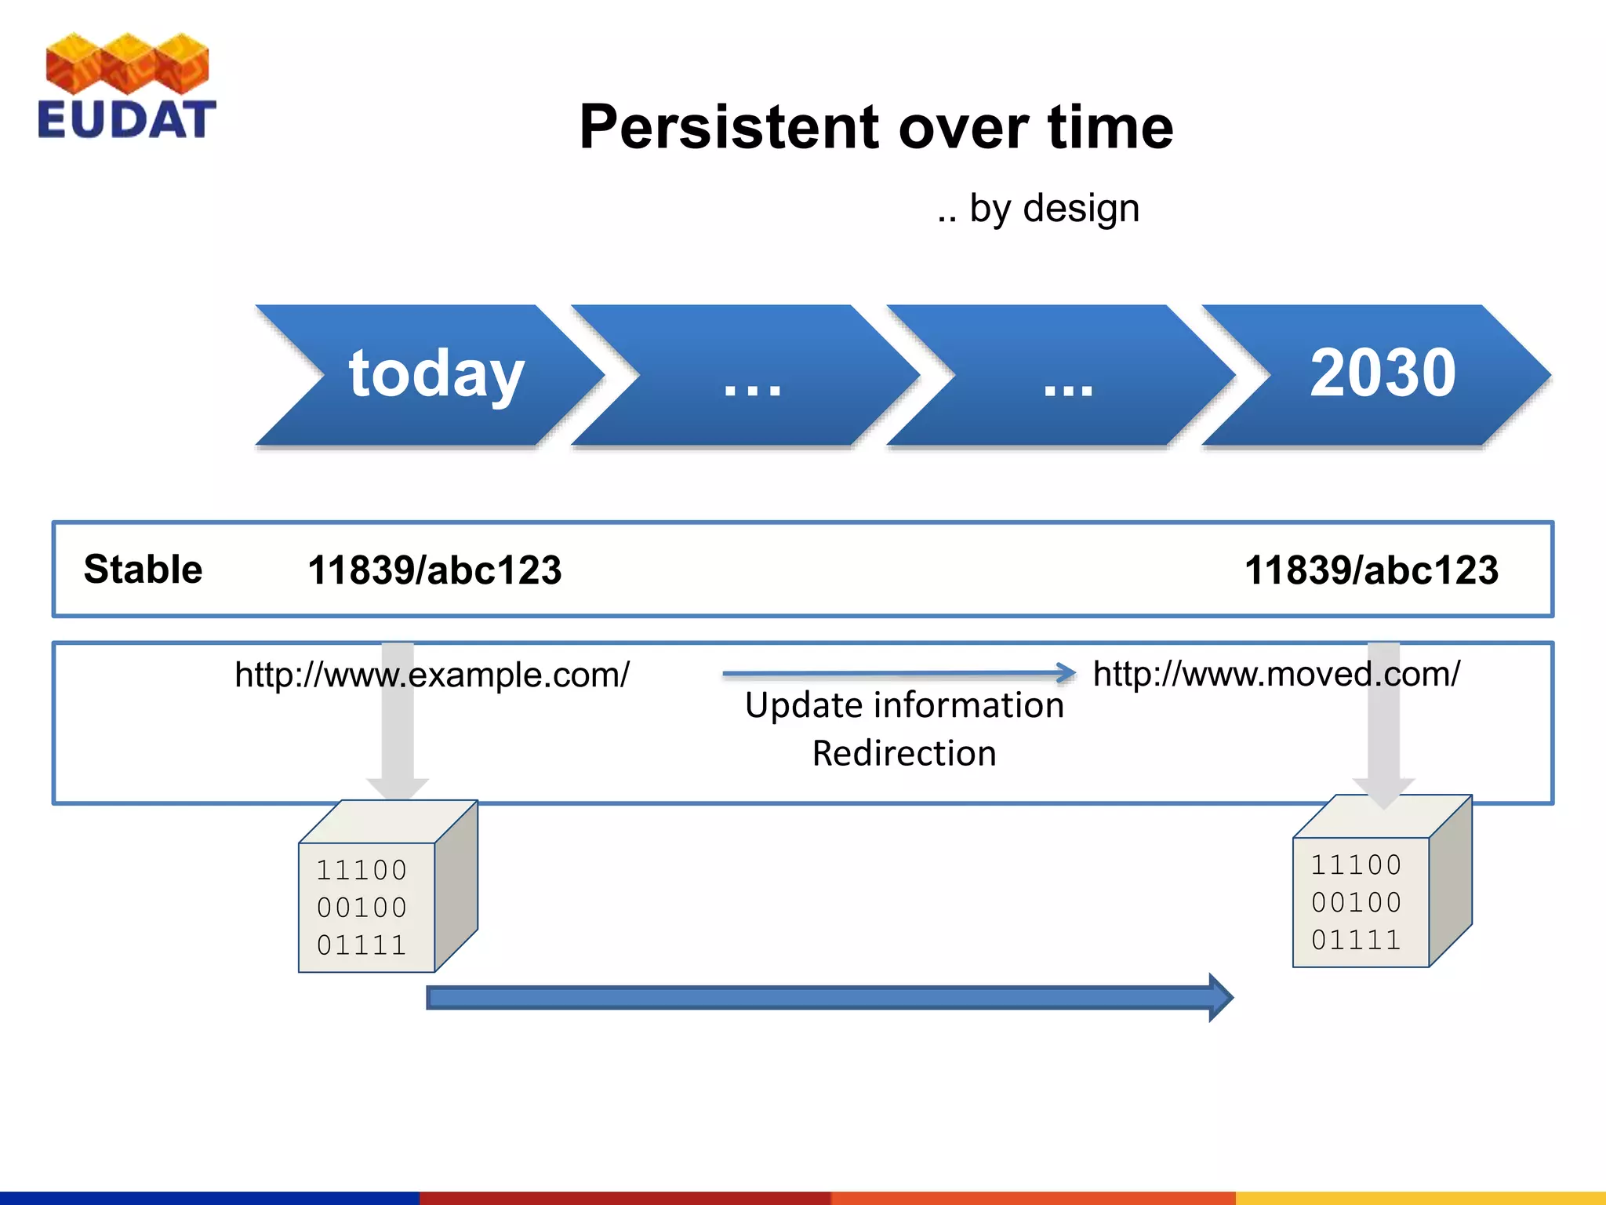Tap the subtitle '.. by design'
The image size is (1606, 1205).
pyautogui.click(x=1037, y=209)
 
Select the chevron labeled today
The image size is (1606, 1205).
pyautogui.click(x=435, y=374)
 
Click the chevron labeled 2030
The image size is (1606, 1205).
pyautogui.click(x=1382, y=374)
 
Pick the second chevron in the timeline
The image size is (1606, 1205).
pyautogui.click(x=751, y=374)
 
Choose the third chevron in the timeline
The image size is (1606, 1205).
pyautogui.click(x=1066, y=374)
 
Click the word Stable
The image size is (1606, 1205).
pyautogui.click(x=143, y=570)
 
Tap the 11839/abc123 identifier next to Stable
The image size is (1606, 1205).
pyautogui.click(x=434, y=570)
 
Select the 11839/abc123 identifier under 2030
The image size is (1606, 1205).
pyautogui.click(x=1371, y=570)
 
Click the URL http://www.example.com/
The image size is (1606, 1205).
pyautogui.click(x=431, y=675)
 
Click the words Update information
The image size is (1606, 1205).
pyautogui.click(x=904, y=705)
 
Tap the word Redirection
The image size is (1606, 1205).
pyautogui.click(x=904, y=754)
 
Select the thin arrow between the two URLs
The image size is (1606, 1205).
pyautogui.click(x=898, y=673)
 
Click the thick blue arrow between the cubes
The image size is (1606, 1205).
pyautogui.click(x=827, y=998)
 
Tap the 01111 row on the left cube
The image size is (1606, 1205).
pyautogui.click(x=362, y=945)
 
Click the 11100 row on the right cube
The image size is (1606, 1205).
pyautogui.click(x=1356, y=865)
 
